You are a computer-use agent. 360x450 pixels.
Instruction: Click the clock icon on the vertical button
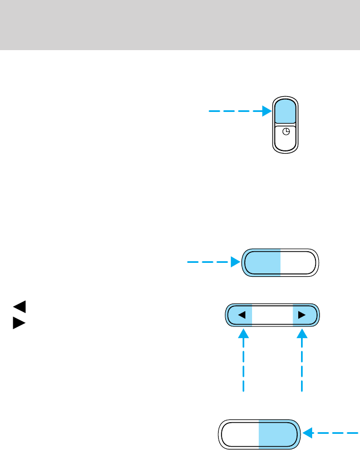pos(286,132)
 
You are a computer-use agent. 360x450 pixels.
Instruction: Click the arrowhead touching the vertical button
pos(267,111)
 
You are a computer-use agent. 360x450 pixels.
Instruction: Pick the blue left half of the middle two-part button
pos(262,262)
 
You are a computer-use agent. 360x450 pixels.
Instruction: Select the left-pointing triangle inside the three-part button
pos(241,315)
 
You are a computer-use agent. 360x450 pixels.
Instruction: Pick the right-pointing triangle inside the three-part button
pos(302,315)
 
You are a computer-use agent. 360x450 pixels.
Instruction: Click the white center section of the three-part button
pos(272,315)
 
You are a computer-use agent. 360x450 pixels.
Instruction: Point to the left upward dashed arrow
pos(244,362)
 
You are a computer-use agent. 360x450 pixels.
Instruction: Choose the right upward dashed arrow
pos(302,362)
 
